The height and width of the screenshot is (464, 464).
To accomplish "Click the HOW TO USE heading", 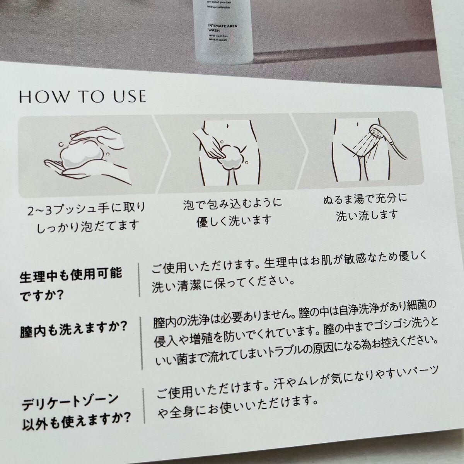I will (83, 97).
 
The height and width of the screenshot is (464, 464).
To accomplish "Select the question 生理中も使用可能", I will (71, 276).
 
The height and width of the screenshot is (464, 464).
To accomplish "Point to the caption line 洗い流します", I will (367, 215).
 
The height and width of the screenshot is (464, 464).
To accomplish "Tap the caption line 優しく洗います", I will (234, 220).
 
